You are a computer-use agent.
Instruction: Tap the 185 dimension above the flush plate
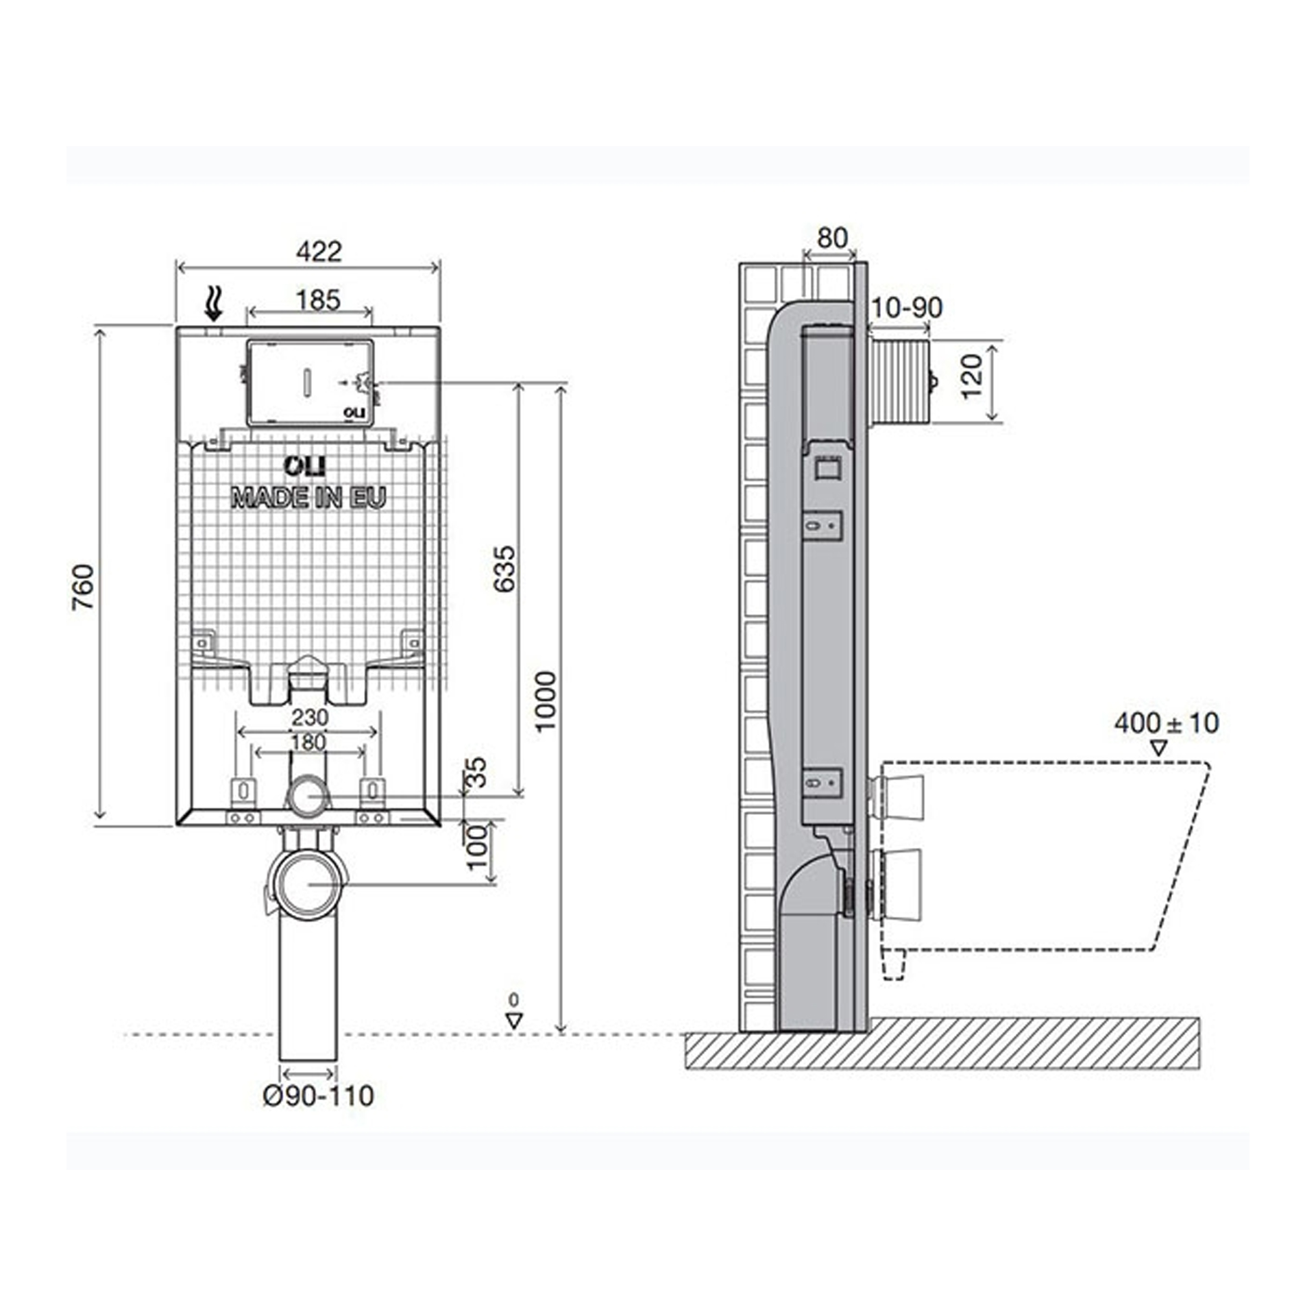tap(318, 300)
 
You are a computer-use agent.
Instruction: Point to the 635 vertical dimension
tap(504, 568)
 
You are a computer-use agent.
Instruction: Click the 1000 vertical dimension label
tap(546, 701)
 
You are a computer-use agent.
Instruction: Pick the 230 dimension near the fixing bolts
tap(310, 718)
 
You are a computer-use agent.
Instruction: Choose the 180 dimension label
tap(308, 742)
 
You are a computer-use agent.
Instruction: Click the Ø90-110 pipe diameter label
tap(319, 1095)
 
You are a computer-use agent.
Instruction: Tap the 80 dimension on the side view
tap(833, 238)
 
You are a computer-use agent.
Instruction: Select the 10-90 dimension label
tap(906, 308)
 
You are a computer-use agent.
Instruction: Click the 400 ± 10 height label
tap(1166, 722)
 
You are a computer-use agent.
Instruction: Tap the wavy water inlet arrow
tap(215, 304)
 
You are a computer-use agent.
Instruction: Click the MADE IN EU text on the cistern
tap(309, 498)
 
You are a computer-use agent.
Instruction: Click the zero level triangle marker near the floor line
tap(514, 1020)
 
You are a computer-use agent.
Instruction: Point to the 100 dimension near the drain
tap(478, 846)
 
